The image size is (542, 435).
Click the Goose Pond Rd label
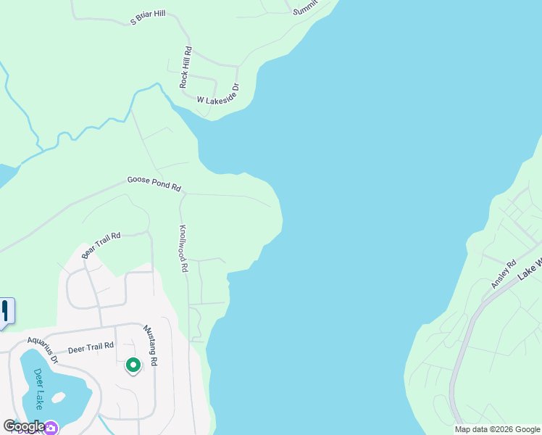[x=154, y=183]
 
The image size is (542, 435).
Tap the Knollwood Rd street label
[x=184, y=247]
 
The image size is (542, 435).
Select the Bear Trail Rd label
[x=101, y=244]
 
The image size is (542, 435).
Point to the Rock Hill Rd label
[x=185, y=67]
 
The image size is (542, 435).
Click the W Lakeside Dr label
[x=212, y=97]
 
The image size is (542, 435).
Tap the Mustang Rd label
[x=150, y=344]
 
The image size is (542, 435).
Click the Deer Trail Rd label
[x=91, y=348]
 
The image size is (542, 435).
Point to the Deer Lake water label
[x=38, y=389]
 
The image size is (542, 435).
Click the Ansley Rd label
[x=502, y=273]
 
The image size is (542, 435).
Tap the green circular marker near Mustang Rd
[x=133, y=365]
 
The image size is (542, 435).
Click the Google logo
[x=23, y=426]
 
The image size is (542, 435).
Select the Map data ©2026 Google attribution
[x=498, y=429]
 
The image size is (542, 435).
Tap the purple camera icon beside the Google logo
[x=51, y=428]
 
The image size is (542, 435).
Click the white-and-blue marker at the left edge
[x=6, y=312]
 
